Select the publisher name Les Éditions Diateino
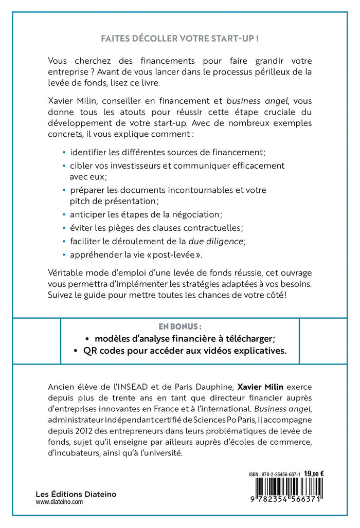point(76,494)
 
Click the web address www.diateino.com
point(59,503)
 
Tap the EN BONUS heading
point(179,326)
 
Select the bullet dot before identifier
point(64,152)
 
